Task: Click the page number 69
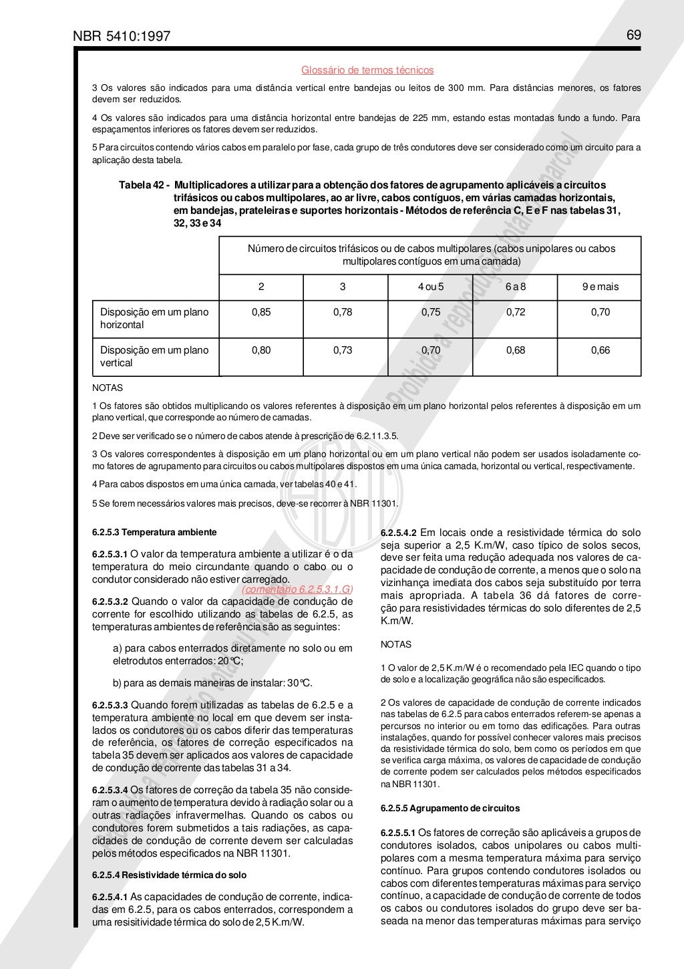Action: [634, 35]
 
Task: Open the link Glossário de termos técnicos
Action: [367, 70]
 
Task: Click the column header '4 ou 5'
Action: [430, 287]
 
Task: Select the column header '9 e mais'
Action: [600, 287]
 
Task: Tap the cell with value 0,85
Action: [261, 312]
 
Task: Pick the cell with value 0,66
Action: [600, 350]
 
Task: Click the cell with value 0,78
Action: [343, 312]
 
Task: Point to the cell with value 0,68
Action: [515, 350]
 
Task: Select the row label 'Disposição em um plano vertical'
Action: [154, 356]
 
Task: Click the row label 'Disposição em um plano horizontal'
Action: [154, 318]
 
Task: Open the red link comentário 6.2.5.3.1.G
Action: [297, 589]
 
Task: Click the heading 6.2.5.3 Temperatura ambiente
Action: [154, 533]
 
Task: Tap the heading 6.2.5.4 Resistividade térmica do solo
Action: [169, 875]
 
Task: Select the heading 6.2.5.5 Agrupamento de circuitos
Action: [450, 808]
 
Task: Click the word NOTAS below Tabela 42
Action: [107, 388]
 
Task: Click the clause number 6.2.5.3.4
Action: [110, 790]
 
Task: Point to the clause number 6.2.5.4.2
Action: [398, 533]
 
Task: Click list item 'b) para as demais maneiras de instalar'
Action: [212, 683]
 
